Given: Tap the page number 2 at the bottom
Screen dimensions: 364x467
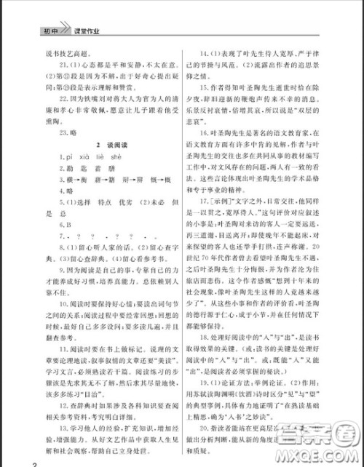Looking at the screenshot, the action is click(x=5, y=461).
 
